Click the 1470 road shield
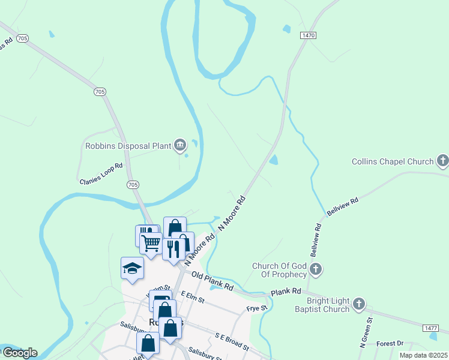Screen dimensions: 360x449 point(308,36)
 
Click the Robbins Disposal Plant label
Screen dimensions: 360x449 point(128,145)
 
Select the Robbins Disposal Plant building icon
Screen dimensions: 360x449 point(179,145)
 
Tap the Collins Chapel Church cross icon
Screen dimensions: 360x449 point(442,161)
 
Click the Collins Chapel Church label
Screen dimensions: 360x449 point(392,161)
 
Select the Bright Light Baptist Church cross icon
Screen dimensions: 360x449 point(359,304)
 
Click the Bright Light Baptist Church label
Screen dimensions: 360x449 point(328,305)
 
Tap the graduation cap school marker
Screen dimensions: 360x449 point(132,268)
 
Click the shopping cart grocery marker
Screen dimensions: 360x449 point(151,243)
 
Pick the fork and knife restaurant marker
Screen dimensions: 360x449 point(173,247)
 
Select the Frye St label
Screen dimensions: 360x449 point(256,308)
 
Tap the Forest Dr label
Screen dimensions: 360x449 point(390,344)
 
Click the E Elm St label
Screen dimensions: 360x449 point(193,296)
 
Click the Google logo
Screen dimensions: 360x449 point(19,353)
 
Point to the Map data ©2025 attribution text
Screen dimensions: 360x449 point(423,355)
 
